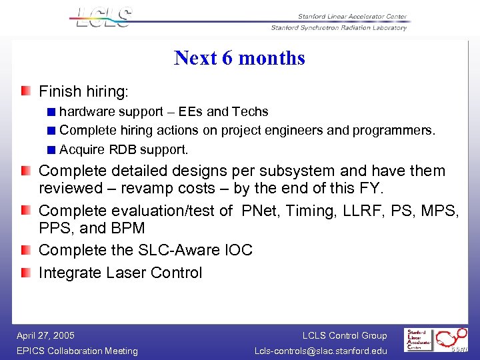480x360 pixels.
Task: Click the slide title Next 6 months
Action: [239, 58]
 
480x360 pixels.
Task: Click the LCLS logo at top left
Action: [104, 17]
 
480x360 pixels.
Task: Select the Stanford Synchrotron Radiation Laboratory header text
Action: [339, 28]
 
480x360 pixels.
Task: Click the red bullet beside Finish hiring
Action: [25, 91]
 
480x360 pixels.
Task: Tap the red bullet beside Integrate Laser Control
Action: [25, 272]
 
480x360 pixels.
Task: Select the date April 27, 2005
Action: [46, 335]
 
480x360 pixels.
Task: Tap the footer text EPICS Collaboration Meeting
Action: [77, 351]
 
